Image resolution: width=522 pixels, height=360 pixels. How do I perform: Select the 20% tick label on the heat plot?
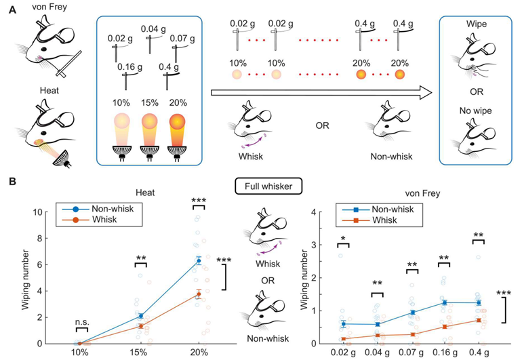[199, 353]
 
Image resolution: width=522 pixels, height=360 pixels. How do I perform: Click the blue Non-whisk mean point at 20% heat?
[199, 260]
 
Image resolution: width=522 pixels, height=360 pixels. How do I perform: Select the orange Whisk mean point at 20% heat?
[199, 294]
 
